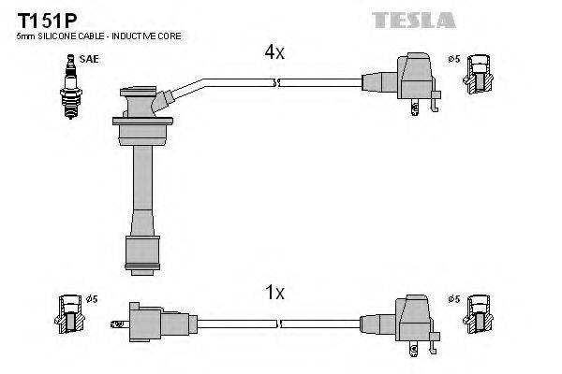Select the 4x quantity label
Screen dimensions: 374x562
pyautogui.click(x=274, y=52)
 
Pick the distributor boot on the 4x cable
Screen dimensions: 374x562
pyautogui.click(x=414, y=79)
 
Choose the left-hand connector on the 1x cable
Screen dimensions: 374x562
pyautogui.click(x=150, y=320)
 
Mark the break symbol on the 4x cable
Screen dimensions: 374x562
pyautogui.click(x=275, y=83)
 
